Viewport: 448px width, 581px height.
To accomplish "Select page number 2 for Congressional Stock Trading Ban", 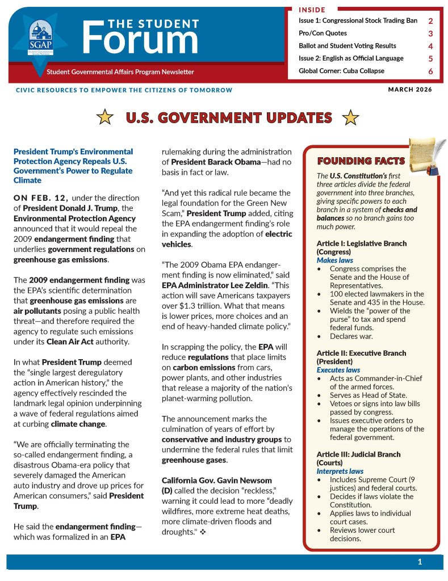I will point(430,21).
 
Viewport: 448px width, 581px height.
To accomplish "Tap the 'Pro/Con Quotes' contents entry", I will point(323,33).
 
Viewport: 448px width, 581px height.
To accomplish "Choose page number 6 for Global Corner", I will point(430,71).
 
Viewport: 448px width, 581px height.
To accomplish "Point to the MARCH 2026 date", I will point(410,89).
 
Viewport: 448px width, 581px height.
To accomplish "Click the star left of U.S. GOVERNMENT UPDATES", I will point(104,117).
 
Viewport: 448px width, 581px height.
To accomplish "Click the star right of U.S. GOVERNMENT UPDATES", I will point(351,117).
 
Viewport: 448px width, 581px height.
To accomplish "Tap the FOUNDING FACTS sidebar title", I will point(361,161).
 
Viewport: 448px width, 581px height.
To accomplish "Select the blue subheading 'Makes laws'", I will point(335,260).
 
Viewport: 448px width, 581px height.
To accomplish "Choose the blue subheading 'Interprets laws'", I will point(340,471).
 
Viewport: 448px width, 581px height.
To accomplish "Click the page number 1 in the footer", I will point(420,562).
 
